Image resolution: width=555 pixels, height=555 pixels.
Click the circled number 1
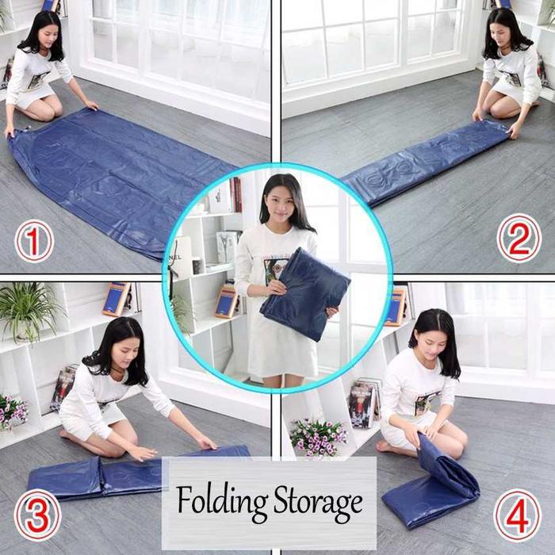(33, 241)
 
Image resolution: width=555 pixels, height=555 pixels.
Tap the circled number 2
(519, 239)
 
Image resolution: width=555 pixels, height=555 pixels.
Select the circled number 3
(37, 514)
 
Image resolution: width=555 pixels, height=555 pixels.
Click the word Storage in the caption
(317, 502)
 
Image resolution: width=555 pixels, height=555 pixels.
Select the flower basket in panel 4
(318, 437)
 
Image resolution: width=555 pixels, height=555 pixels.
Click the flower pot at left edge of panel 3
(11, 412)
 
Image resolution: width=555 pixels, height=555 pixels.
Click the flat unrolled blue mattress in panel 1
(119, 182)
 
